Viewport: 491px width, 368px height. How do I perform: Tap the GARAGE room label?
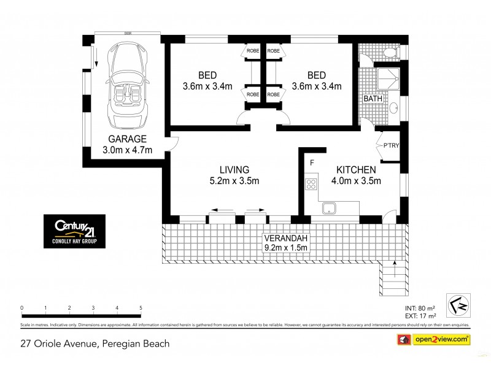(127, 139)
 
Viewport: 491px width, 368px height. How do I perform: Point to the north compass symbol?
(456, 303)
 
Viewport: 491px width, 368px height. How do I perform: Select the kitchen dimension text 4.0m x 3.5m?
(357, 180)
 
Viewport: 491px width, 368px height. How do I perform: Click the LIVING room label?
(234, 169)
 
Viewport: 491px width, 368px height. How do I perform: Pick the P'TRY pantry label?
(390, 147)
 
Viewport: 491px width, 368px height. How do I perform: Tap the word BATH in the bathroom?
(372, 99)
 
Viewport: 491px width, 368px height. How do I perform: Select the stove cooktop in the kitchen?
(311, 182)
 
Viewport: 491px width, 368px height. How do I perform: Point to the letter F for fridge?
(312, 163)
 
